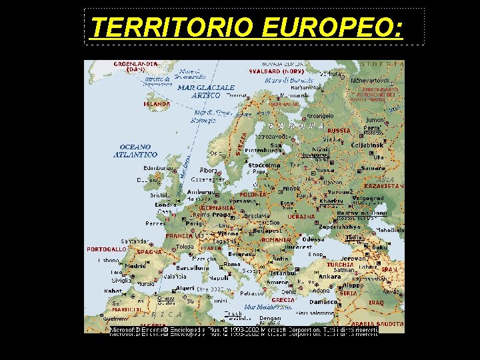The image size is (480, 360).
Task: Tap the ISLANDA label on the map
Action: (157, 104)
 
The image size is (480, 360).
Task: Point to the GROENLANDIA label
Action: (136, 65)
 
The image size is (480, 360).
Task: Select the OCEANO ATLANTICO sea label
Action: (135, 151)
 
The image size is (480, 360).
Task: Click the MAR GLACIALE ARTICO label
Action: (206, 91)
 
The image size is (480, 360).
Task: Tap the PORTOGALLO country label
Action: (107, 249)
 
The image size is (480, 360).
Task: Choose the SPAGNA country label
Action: (149, 253)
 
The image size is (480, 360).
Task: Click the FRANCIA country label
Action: (179, 235)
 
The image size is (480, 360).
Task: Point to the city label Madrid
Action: (135, 265)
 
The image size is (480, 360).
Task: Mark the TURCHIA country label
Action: (340, 264)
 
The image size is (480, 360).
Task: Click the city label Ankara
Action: (329, 277)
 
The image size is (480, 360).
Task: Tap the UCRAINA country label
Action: (301, 217)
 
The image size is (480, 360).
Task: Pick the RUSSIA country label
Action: (339, 131)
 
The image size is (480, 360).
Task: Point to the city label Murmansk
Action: (285, 105)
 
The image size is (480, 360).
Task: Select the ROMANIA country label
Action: (276, 239)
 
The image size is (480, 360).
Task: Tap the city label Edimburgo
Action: (157, 169)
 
